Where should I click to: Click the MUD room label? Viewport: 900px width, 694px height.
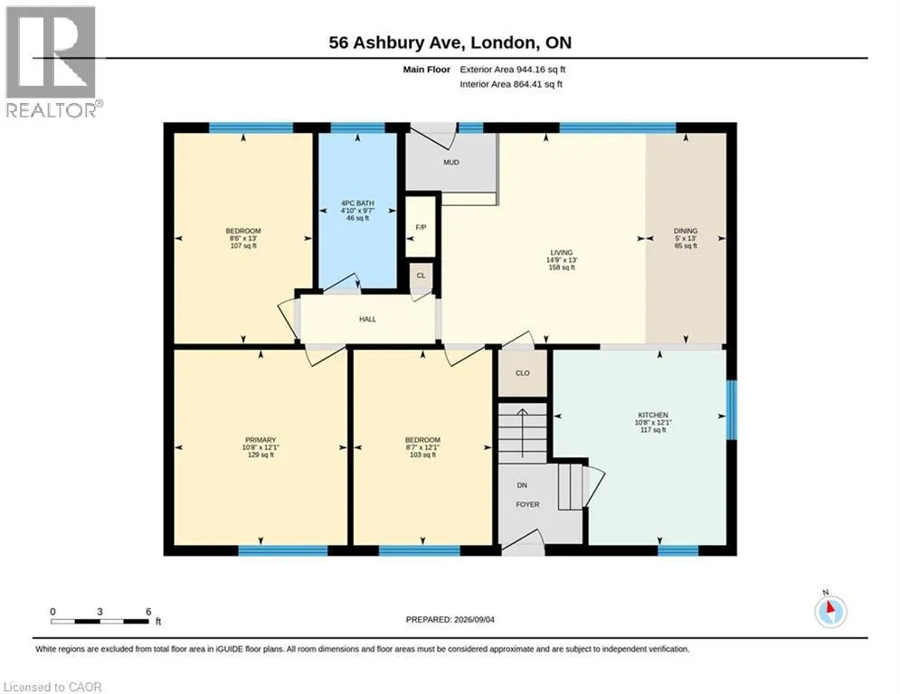tap(451, 163)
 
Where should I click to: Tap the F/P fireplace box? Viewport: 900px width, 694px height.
tap(421, 227)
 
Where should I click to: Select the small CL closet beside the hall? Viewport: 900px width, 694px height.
tap(421, 276)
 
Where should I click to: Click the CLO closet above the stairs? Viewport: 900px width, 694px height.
tap(522, 373)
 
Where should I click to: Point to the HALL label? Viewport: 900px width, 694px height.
tap(367, 319)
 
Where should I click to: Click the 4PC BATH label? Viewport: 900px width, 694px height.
tap(357, 203)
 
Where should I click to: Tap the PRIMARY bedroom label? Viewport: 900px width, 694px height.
tap(261, 440)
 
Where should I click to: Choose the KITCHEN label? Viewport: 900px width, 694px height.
tap(653, 415)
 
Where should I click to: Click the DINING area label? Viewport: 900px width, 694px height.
tap(686, 230)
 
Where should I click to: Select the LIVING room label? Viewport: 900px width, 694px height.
tap(562, 252)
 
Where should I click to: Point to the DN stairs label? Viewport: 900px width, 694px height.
tap(522, 485)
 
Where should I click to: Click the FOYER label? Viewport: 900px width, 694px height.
tap(527, 504)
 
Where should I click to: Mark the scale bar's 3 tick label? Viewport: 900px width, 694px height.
tap(99, 612)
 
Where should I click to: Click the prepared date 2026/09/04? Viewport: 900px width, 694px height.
tap(474, 619)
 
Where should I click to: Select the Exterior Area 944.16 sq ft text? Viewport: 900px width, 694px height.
tap(513, 70)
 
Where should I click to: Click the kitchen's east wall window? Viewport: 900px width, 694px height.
tap(731, 409)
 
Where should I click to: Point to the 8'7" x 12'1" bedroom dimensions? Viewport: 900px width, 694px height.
tap(422, 447)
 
